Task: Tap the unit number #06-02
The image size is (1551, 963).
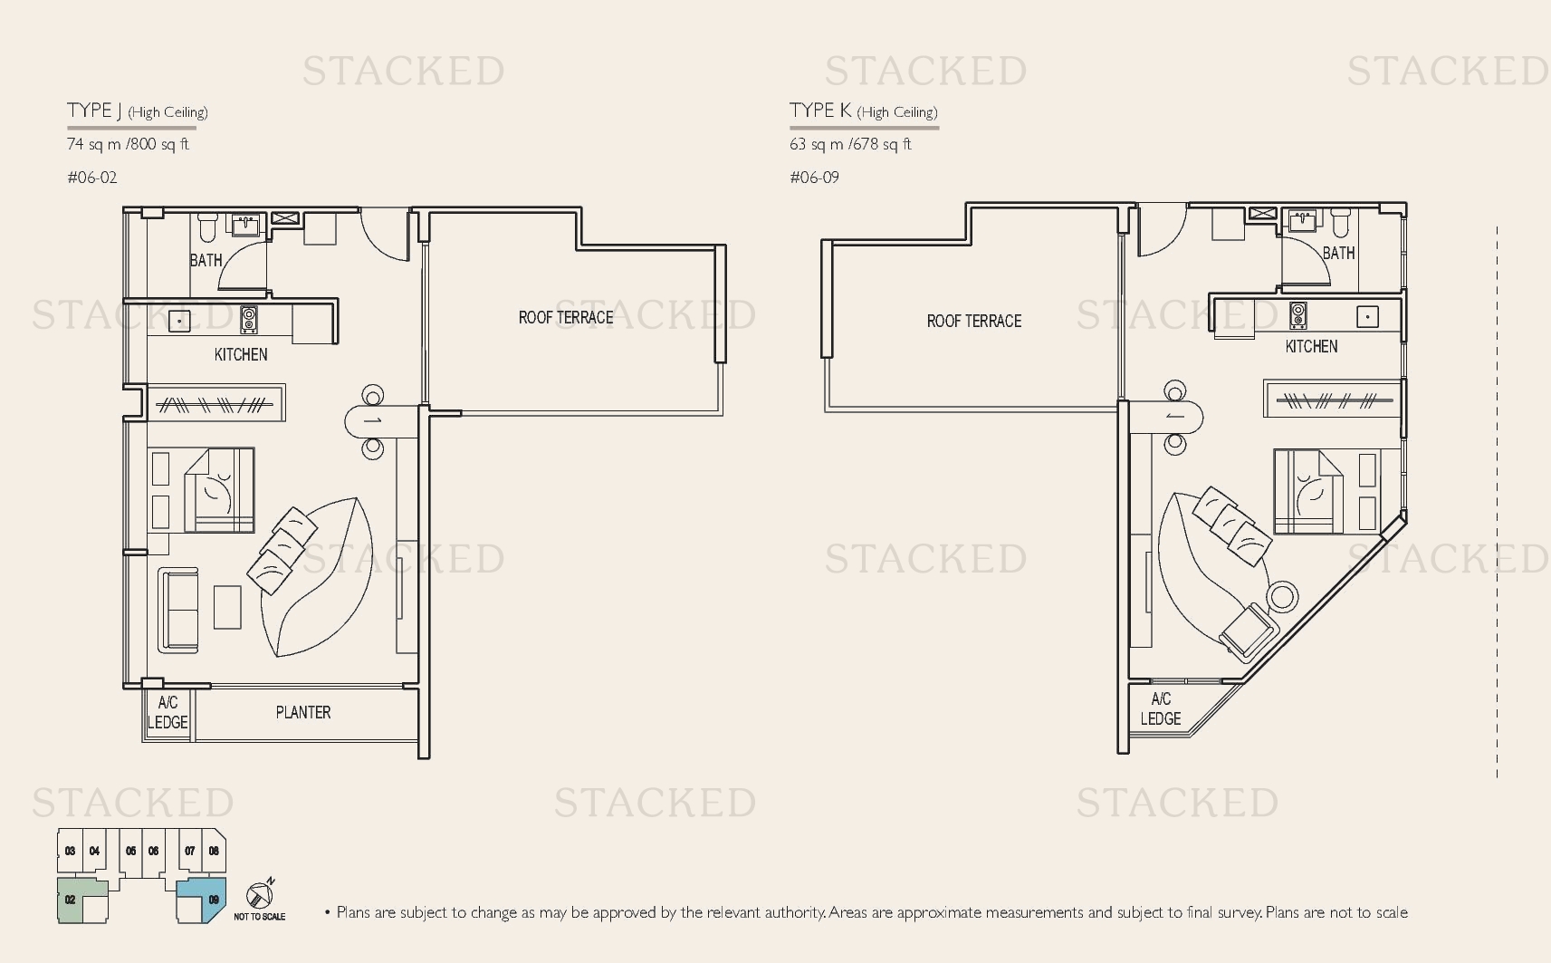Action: click(x=92, y=178)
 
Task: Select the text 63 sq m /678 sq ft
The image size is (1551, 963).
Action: click(x=850, y=144)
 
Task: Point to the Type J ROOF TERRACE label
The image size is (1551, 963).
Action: click(x=566, y=317)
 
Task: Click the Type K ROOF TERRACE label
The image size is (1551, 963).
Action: click(x=974, y=321)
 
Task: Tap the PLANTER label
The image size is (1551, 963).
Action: click(x=303, y=712)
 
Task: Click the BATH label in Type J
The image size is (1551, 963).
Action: click(x=206, y=261)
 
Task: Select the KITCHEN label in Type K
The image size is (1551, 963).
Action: click(x=1311, y=346)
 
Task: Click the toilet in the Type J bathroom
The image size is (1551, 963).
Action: click(x=207, y=226)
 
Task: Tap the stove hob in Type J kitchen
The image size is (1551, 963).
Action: click(x=249, y=320)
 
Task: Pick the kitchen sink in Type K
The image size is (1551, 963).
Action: click(x=1367, y=317)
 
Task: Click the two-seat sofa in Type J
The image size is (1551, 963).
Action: click(x=178, y=611)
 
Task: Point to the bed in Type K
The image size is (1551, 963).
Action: click(x=1308, y=491)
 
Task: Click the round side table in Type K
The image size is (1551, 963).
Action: click(x=1282, y=596)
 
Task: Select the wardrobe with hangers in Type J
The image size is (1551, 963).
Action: click(x=215, y=403)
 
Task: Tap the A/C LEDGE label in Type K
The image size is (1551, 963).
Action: click(x=1161, y=708)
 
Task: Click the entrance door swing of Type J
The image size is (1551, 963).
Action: click(x=385, y=234)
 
